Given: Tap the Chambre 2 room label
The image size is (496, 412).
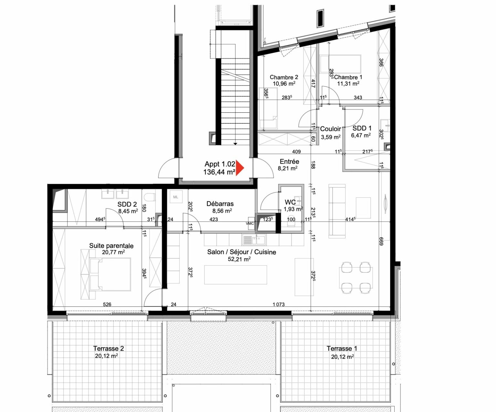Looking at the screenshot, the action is (x=284, y=77).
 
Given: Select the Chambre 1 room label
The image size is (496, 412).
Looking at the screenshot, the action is (x=348, y=77).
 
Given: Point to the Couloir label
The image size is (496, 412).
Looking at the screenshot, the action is (x=330, y=129).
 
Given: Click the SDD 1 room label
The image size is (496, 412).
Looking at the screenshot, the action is (x=362, y=128).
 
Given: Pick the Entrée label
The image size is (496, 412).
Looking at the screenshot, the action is (x=289, y=161).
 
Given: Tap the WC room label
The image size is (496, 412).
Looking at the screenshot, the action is (x=290, y=202).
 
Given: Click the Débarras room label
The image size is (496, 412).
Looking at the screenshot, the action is (x=220, y=204).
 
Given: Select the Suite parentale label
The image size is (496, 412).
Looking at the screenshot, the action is (x=111, y=246).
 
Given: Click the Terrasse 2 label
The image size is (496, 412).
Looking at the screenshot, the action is (x=108, y=349).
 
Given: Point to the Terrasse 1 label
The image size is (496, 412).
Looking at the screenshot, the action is (x=342, y=349).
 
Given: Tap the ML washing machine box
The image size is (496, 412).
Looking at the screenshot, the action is (x=176, y=197).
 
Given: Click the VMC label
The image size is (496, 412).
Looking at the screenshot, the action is (x=250, y=223).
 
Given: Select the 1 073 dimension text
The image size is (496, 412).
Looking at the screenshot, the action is (x=278, y=304).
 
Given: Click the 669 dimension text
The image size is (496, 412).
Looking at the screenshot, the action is (x=381, y=241).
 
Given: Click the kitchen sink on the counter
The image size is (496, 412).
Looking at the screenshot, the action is (x=254, y=240).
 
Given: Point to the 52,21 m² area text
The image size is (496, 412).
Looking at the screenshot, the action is (x=239, y=259).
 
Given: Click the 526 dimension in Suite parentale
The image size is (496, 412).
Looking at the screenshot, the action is (x=107, y=304).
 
